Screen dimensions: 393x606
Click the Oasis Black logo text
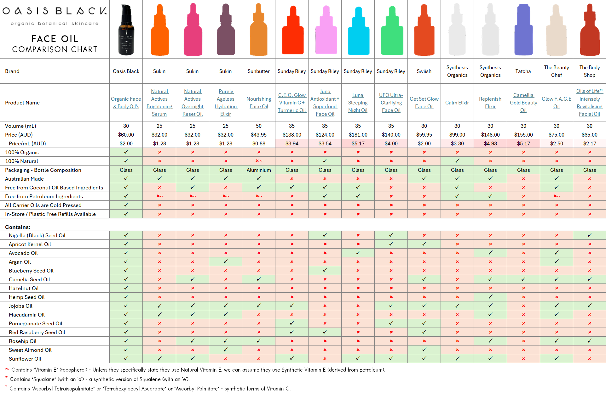(x=55, y=11)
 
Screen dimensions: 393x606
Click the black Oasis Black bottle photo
(x=126, y=30)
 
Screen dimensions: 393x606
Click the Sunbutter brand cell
(x=258, y=71)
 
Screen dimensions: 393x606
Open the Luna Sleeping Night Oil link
(x=358, y=103)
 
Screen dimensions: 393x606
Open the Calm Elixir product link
(x=457, y=103)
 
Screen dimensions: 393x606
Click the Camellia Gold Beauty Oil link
(x=523, y=103)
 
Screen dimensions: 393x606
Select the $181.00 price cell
(x=358, y=135)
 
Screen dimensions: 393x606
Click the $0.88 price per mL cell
(x=258, y=143)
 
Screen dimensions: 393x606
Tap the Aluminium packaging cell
(x=258, y=170)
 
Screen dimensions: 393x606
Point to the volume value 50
(x=258, y=126)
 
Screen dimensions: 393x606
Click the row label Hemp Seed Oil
(x=27, y=297)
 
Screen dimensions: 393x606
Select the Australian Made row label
(x=24, y=179)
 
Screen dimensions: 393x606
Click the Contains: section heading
(x=18, y=227)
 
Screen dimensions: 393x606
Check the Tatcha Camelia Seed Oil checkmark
(x=523, y=279)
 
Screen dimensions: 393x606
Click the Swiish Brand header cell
(x=424, y=71)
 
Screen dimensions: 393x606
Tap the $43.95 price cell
(x=258, y=135)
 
